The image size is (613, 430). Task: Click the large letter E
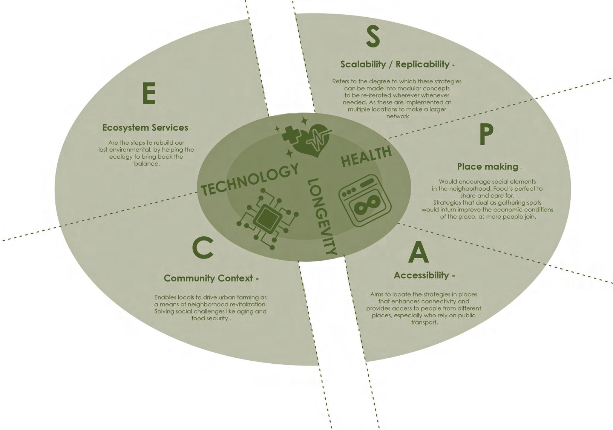click(149, 93)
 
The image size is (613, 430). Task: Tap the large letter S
click(372, 37)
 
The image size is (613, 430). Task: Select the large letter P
click(486, 135)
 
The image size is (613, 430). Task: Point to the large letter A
click(418, 252)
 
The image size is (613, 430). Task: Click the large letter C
click(203, 248)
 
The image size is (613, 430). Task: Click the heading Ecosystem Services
click(145, 128)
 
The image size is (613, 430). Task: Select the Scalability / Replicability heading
click(395, 64)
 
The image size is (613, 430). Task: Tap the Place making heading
click(487, 167)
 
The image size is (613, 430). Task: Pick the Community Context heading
click(208, 279)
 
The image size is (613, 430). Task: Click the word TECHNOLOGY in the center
click(250, 179)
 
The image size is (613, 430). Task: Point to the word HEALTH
click(366, 156)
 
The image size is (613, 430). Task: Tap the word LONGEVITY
click(322, 216)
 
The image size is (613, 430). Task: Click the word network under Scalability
click(397, 116)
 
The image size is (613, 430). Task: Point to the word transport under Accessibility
click(424, 323)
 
